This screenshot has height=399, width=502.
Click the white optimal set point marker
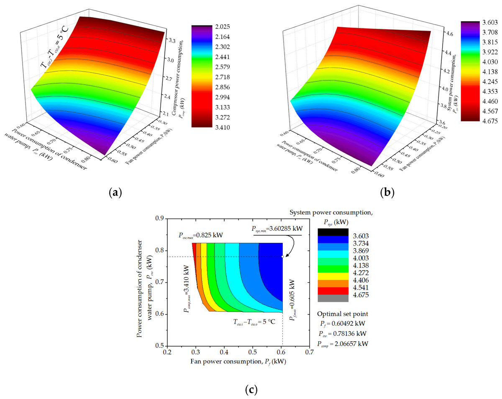tap(282, 256)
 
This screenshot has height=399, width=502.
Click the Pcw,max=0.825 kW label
tap(200, 235)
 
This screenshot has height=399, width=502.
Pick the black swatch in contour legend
tap(333, 232)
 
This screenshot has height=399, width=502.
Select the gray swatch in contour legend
tap(333, 298)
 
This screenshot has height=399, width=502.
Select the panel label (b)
tap(387, 193)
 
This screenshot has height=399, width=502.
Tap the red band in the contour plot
tap(194, 255)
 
